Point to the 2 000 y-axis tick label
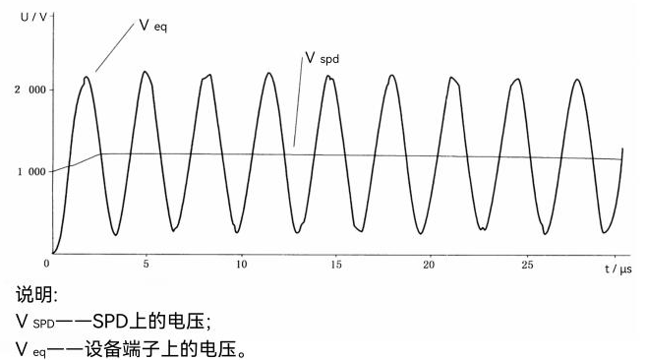pos(29,90)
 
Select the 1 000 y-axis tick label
pos(29,172)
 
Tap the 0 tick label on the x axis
pos(47,265)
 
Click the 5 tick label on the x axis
pos(146,265)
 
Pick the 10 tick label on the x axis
pos(240,265)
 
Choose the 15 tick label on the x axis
pos(335,265)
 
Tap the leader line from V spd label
pos(296,102)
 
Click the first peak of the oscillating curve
pos(87,77)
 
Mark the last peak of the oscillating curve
pos(578,80)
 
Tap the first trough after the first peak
pos(116,235)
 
